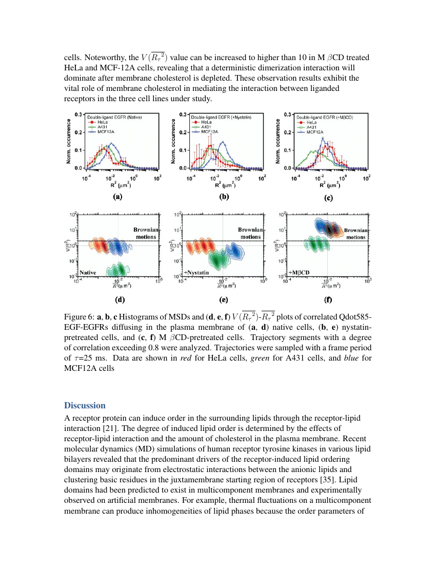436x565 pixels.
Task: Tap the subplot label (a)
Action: tap(117, 196)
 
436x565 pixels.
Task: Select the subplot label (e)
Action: tap(224, 299)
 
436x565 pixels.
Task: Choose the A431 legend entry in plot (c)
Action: tap(312, 127)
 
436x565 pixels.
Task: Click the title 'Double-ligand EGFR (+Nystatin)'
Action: tap(222, 117)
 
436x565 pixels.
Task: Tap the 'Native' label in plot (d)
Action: tap(88, 272)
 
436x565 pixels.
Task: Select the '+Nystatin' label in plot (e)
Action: tap(196, 272)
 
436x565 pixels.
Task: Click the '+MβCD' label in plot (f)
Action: tap(299, 272)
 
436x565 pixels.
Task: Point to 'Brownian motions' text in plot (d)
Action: tap(145, 233)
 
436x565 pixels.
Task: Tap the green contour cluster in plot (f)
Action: tap(317, 244)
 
